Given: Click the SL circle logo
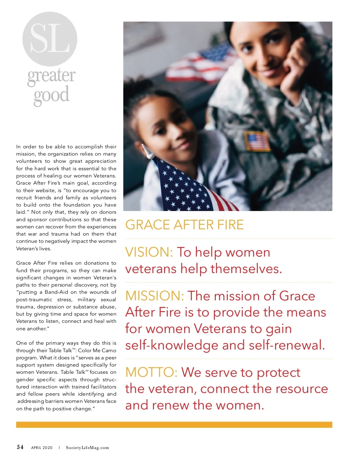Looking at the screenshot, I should point(50,39).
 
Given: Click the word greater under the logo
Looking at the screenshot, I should point(51,76).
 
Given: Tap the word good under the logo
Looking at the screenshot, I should point(51,96).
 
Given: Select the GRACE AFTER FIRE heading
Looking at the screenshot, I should point(184,225).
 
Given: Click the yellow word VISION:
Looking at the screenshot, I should point(149,252).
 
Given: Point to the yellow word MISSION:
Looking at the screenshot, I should point(154,296).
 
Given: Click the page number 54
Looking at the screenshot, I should point(20,447).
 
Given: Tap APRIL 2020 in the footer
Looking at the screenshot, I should point(42,448).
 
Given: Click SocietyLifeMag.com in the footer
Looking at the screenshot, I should point(87,448).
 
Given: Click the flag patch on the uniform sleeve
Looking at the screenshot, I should point(257,141).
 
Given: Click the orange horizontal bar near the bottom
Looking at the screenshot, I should point(174,425).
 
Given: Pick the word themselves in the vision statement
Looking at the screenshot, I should point(246,269).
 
